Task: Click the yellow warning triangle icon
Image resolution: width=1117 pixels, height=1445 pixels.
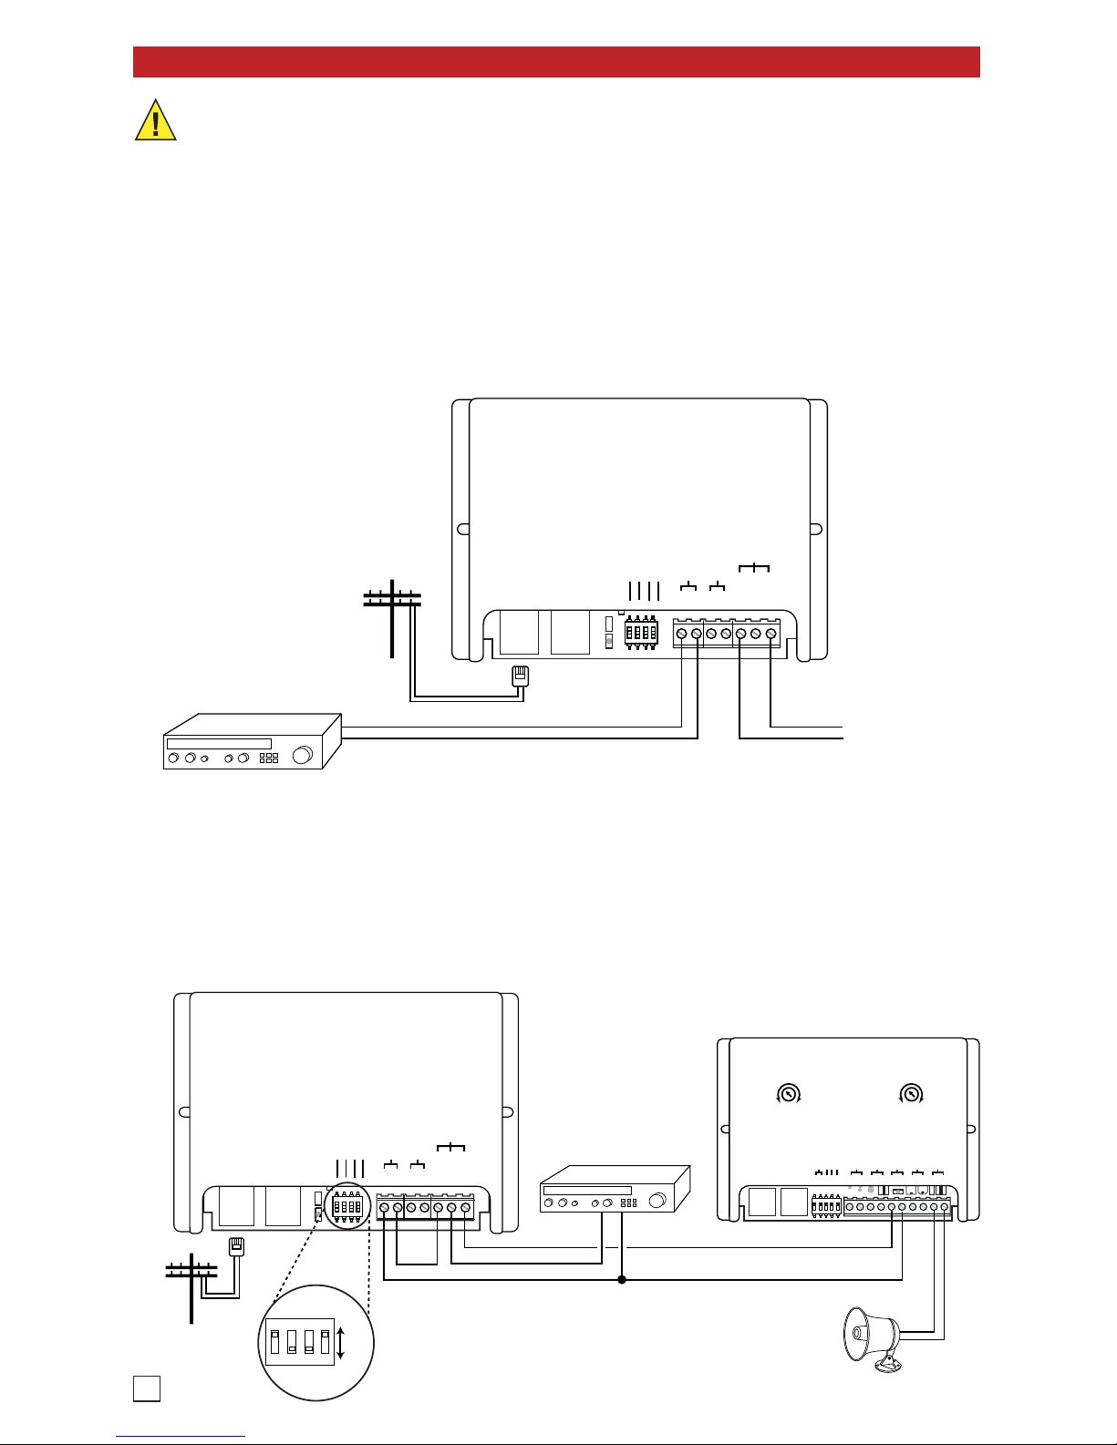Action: (x=155, y=121)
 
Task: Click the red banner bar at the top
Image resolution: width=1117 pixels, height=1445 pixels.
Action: (x=556, y=62)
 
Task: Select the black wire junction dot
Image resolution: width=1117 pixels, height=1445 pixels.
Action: (x=622, y=1279)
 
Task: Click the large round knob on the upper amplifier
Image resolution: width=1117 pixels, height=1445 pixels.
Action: (x=303, y=755)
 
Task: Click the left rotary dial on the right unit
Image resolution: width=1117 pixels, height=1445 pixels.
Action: (x=788, y=1093)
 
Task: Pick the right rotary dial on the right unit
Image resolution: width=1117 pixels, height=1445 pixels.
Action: (x=910, y=1093)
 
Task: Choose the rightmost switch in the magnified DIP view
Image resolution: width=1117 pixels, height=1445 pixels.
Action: (x=325, y=1342)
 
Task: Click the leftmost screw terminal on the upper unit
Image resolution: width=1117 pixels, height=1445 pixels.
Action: (x=681, y=634)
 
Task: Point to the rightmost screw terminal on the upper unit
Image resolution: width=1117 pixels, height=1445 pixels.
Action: (x=771, y=634)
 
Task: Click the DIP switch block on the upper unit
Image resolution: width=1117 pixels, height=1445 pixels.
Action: (x=641, y=632)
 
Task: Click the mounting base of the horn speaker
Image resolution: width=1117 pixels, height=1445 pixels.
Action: (x=886, y=1365)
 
